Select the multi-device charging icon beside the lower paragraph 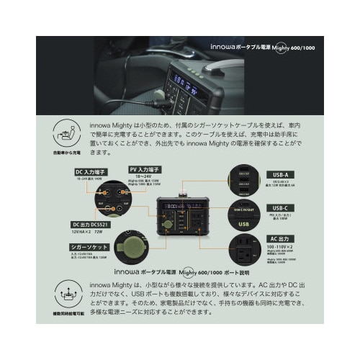[66, 295]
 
